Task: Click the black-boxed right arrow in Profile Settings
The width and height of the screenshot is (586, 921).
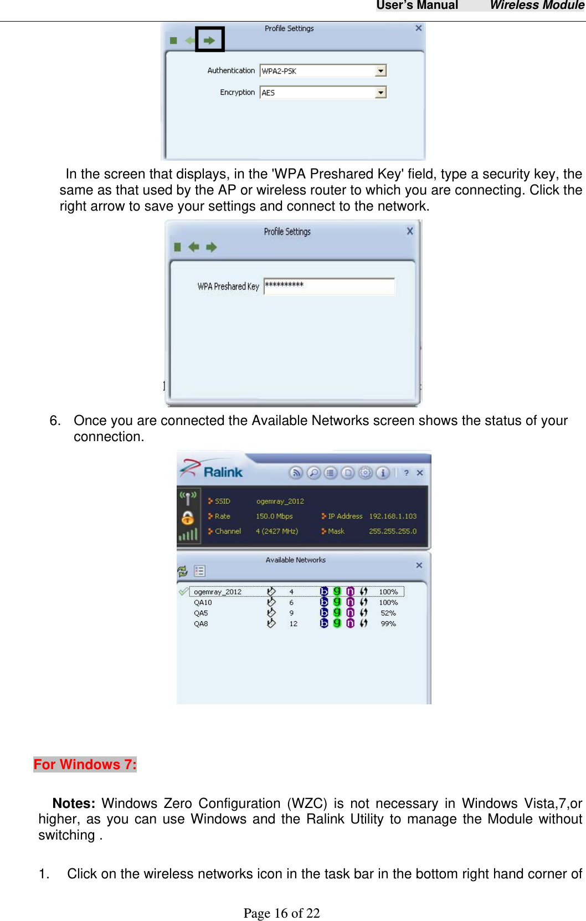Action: tap(209, 40)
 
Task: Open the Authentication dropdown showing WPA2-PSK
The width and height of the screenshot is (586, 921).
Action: tap(381, 71)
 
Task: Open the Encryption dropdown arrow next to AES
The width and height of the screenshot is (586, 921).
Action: tap(381, 93)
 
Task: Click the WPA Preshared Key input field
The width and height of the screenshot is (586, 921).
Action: tap(329, 286)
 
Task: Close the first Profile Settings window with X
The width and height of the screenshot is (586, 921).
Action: tap(419, 28)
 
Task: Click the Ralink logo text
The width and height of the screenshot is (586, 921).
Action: tap(223, 472)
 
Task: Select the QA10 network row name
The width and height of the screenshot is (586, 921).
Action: tap(203, 602)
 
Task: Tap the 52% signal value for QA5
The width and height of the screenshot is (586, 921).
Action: tap(388, 613)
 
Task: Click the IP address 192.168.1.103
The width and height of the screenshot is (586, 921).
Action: tap(393, 516)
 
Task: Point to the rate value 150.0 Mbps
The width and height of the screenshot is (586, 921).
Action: tap(274, 516)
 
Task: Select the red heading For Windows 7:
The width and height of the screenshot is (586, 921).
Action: tap(85, 764)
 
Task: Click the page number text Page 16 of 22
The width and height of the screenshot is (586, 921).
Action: tap(281, 913)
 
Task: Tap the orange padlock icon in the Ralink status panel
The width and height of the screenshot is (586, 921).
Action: tap(188, 518)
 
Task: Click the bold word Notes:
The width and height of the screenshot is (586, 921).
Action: tap(74, 803)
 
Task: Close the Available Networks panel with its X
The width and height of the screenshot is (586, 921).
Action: tap(419, 565)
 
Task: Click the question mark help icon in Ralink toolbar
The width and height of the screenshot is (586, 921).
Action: tap(406, 473)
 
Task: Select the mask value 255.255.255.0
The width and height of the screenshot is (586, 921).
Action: tap(393, 531)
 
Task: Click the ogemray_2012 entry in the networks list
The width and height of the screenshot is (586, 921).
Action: tap(218, 592)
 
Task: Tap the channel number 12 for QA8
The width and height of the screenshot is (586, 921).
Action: tap(293, 623)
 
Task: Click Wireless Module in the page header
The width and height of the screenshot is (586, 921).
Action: tap(537, 6)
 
